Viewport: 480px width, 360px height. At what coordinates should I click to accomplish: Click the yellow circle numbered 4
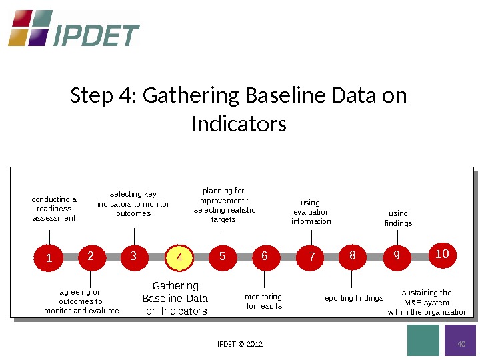pyautogui.click(x=179, y=257)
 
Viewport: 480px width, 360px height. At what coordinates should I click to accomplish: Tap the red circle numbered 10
pyautogui.click(x=442, y=255)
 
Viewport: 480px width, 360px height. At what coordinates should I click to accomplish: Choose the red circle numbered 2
pyautogui.click(x=91, y=255)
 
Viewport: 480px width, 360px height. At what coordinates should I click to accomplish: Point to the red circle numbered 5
pyautogui.click(x=223, y=256)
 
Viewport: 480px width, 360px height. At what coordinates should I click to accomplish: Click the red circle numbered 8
pyautogui.click(x=353, y=255)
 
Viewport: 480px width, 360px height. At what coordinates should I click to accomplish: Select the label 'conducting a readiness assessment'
pyautogui.click(x=54, y=209)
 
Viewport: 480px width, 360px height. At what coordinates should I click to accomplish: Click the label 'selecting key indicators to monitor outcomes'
pyautogui.click(x=133, y=204)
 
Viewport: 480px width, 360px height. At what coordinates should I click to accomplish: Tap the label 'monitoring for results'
pyautogui.click(x=264, y=301)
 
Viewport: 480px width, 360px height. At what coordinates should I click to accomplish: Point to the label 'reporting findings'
pyautogui.click(x=353, y=298)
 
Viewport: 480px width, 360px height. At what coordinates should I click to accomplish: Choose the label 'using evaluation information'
pyautogui.click(x=311, y=212)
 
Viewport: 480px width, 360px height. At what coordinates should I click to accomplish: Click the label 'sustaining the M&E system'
pyautogui.click(x=427, y=302)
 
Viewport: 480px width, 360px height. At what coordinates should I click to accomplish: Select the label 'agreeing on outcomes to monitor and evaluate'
pyautogui.click(x=81, y=301)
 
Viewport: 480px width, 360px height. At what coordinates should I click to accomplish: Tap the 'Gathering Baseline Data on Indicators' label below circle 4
pyautogui.click(x=176, y=299)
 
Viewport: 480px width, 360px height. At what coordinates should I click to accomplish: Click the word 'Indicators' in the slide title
pyautogui.click(x=239, y=124)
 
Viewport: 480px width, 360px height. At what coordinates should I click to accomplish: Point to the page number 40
pyautogui.click(x=460, y=344)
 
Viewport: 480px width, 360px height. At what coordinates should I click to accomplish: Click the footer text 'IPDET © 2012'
pyautogui.click(x=240, y=344)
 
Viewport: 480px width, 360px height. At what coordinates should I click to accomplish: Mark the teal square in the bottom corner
pyautogui.click(x=423, y=341)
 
